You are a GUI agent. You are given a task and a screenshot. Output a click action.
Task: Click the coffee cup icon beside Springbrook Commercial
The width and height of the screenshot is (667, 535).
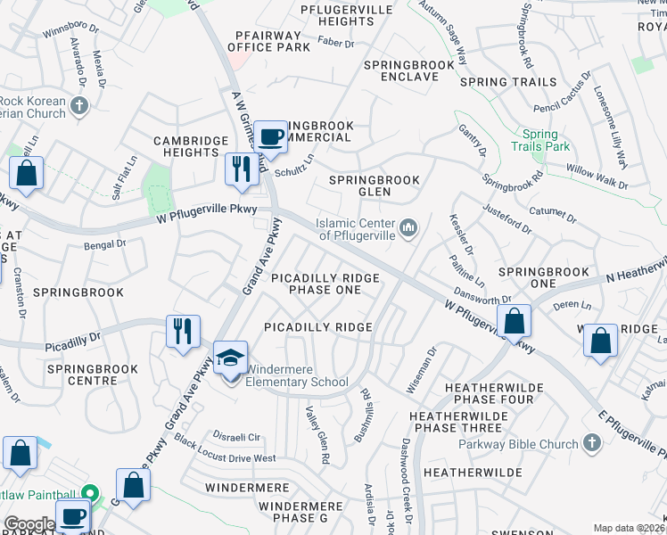tap(271, 137)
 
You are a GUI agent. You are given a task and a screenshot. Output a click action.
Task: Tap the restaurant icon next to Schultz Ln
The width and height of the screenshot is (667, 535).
tap(241, 169)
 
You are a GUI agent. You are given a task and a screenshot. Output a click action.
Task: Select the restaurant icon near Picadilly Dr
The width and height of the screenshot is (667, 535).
tap(183, 331)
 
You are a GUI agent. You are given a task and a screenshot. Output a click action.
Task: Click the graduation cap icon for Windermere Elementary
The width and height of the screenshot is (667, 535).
tap(231, 359)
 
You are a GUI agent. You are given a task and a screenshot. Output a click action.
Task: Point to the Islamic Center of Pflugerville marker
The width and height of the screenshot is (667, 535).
tap(408, 229)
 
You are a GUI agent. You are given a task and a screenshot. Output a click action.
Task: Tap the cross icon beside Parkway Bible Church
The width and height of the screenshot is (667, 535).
tap(591, 443)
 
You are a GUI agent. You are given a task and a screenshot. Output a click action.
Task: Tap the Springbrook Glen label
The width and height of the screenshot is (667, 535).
tap(375, 185)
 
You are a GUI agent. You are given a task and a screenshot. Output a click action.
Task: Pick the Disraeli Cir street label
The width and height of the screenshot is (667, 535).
tap(235, 437)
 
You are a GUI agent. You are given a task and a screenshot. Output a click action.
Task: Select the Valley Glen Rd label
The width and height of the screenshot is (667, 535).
tap(318, 435)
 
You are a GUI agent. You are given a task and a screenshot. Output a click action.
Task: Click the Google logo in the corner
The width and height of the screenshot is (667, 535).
tap(29, 524)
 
